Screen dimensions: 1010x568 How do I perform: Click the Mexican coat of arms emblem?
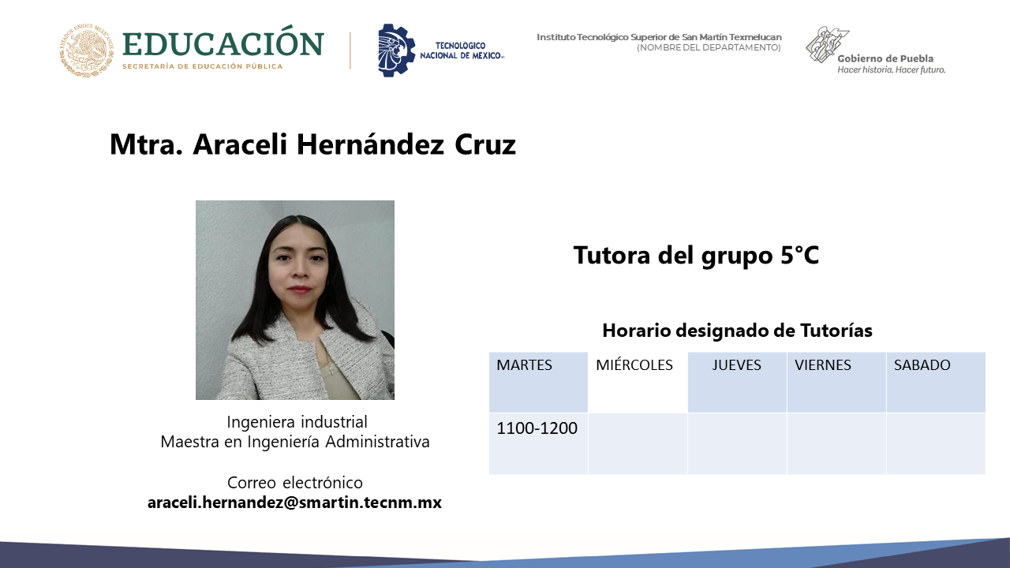point(86,50)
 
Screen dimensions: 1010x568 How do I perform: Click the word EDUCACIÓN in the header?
point(223,43)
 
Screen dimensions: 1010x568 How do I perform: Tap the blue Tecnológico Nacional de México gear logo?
point(396,50)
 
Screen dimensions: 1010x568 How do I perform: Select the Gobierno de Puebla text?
point(885,58)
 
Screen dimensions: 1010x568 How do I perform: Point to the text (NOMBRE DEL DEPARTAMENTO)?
point(709,47)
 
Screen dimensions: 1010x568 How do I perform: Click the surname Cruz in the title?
point(485,144)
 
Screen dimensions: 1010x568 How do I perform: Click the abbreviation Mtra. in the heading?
point(146,144)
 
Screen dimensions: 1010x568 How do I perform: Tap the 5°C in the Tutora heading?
point(799,255)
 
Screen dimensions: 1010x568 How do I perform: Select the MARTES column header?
point(524,364)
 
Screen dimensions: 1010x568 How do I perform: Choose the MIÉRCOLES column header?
point(634,364)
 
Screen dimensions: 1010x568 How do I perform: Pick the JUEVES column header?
point(736,364)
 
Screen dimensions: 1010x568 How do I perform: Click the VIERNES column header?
point(822,364)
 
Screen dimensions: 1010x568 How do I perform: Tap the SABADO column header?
point(922,364)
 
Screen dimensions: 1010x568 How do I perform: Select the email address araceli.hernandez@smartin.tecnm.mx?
point(294,503)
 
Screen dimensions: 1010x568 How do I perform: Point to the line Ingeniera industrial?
point(297,422)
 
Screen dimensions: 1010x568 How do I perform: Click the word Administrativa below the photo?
point(377,442)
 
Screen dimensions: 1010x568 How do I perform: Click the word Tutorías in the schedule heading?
point(836,331)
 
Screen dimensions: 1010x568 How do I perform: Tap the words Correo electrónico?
point(295,483)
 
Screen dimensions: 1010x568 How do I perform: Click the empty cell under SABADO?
point(936,443)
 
